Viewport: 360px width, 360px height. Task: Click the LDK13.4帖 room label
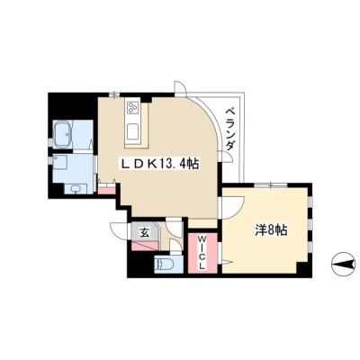(159, 164)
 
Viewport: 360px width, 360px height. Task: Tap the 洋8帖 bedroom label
(272, 230)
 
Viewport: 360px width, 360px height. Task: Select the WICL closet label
(202, 252)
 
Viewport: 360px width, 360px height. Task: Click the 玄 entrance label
(145, 232)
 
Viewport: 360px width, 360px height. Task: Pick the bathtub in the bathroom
(63, 134)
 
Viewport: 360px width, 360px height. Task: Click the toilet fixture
(165, 265)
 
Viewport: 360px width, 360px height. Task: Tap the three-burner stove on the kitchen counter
(133, 107)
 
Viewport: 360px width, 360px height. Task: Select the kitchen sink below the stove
(133, 132)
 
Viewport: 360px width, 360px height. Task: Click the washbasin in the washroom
(76, 189)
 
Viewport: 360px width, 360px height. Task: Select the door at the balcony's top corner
(180, 88)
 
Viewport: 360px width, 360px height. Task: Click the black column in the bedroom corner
(304, 269)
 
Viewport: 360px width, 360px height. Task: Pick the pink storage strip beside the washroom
(107, 190)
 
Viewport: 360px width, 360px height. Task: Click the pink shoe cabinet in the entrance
(145, 246)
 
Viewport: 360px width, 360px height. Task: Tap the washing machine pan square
(61, 162)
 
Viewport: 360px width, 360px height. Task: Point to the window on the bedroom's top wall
(271, 185)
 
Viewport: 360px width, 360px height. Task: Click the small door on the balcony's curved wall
(227, 156)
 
